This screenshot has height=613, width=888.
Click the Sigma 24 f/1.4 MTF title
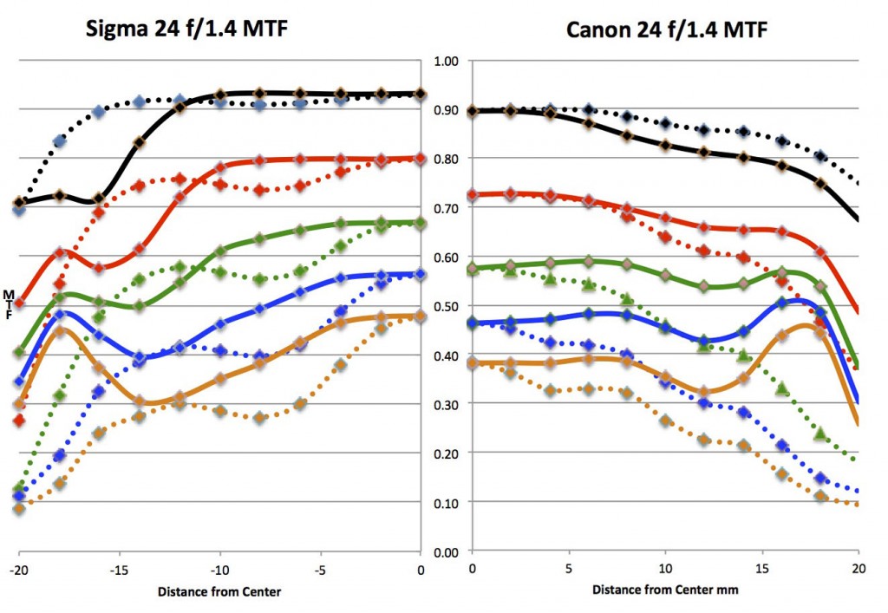click(x=186, y=29)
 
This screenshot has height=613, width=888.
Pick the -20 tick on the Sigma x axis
click(x=18, y=570)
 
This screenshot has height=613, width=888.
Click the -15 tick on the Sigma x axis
click(x=119, y=570)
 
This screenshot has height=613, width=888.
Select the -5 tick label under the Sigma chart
click(x=320, y=570)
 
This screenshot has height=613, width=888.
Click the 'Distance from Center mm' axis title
click(x=664, y=590)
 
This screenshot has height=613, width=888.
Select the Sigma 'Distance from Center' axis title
click(x=219, y=592)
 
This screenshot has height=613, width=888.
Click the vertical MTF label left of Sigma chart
click(x=9, y=303)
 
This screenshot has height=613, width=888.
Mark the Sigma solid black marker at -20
click(x=19, y=203)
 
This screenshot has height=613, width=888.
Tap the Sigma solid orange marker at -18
click(x=59, y=331)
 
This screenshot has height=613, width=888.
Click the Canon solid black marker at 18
click(x=820, y=183)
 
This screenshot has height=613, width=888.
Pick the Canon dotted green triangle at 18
click(x=820, y=434)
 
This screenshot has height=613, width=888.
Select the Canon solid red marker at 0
click(x=473, y=195)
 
